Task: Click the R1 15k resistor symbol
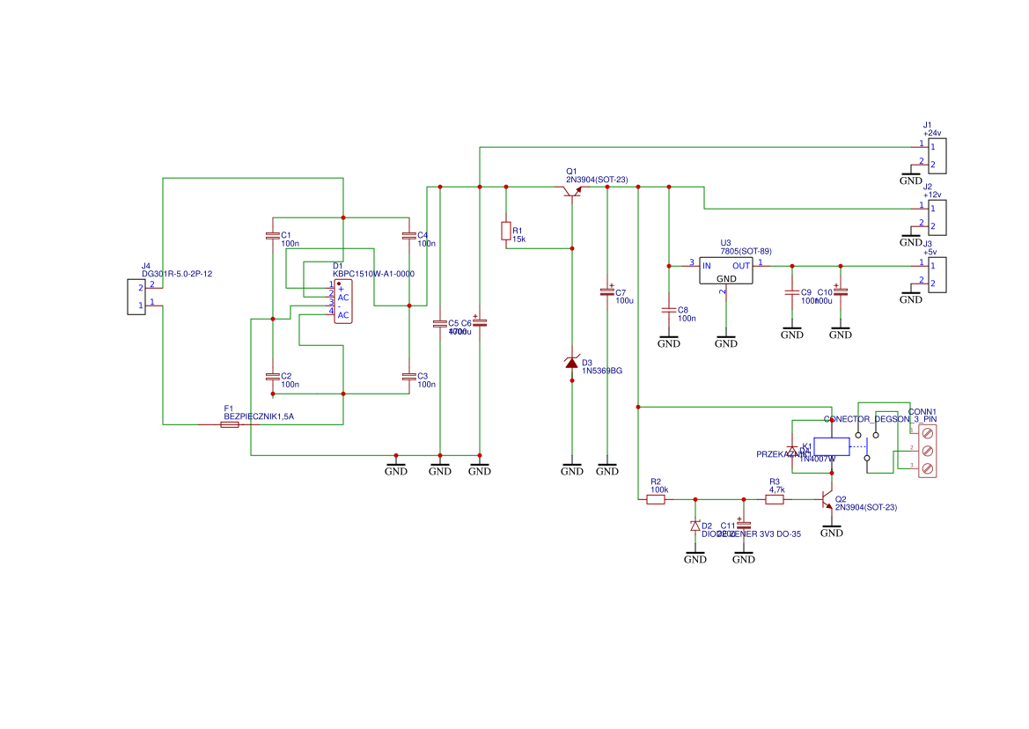point(505,232)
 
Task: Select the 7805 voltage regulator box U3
point(726,270)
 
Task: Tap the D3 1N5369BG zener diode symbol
point(572,363)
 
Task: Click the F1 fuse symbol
point(229,424)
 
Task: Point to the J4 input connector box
point(135,296)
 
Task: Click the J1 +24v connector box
point(937,155)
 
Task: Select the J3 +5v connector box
point(937,274)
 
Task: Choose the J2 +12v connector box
point(937,217)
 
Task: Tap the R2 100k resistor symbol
point(656,499)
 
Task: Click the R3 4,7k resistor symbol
point(775,499)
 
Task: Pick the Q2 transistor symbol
point(828,500)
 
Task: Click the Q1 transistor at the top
point(572,190)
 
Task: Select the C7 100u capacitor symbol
point(606,291)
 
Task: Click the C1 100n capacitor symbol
point(272,235)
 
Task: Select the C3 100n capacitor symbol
point(408,377)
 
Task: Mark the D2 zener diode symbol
point(695,526)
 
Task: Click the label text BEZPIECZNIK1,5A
point(259,416)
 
